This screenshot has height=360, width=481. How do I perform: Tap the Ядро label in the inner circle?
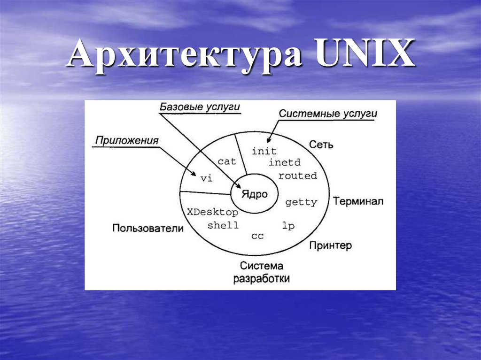pos(254,194)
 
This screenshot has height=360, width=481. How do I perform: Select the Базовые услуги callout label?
pos(200,107)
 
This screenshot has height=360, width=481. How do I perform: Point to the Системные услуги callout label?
pos(328,114)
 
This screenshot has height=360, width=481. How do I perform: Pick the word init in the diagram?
pos(264,151)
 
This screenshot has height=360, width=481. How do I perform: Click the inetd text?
pos(284,163)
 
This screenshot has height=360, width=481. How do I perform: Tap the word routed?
pos(297,176)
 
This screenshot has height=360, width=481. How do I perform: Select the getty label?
pos(301,202)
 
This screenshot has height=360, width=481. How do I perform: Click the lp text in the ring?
pos(288,226)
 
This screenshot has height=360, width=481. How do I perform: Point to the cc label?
pos(257,236)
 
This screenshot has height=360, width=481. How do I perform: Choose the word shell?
pos(223,225)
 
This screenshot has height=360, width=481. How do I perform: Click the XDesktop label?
pos(212,212)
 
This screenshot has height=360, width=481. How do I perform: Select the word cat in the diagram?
pos(226,161)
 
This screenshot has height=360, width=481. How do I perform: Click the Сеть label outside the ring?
pos(321,144)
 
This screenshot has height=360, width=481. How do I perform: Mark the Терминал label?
pos(358,201)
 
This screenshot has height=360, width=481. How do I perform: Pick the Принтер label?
pos(330,245)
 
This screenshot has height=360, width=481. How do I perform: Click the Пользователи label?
pos(147,228)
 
